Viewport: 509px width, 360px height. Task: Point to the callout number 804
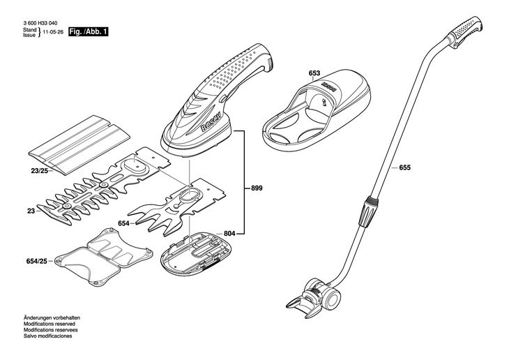click(230, 233)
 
